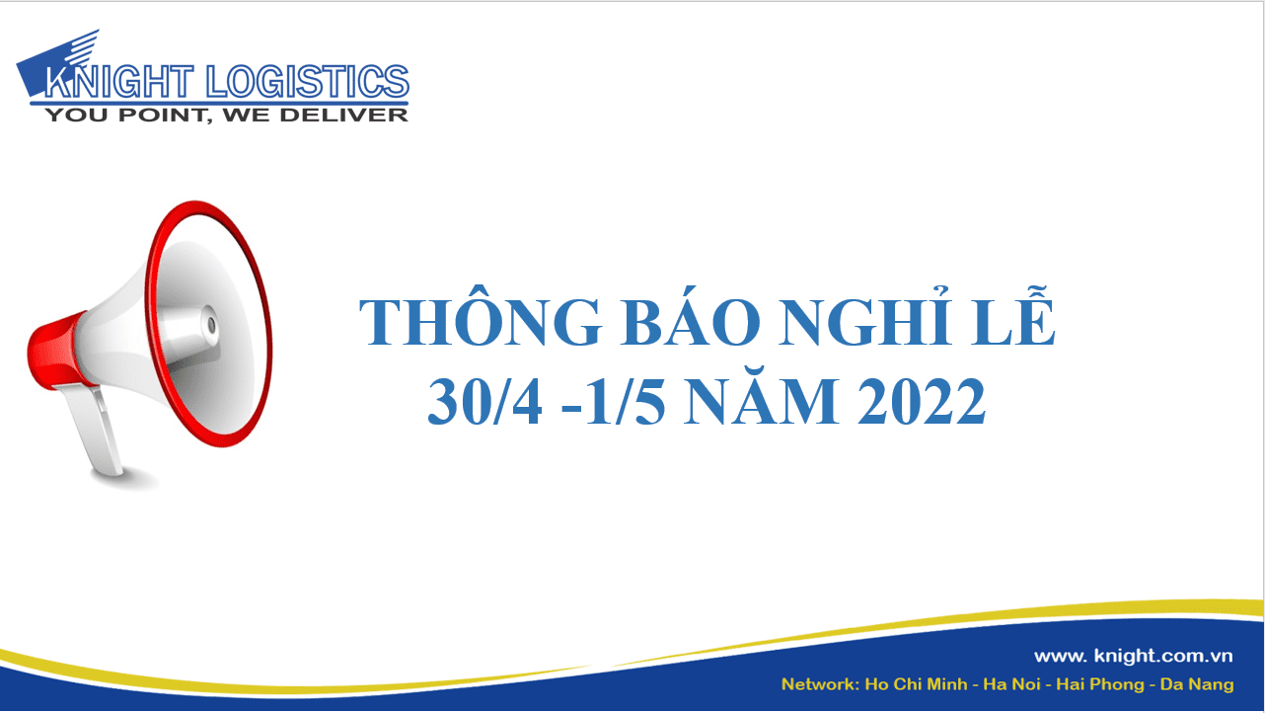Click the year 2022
coord(921,402)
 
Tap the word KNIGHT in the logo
coord(118,81)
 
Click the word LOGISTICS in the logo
coord(308,81)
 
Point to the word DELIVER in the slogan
coord(344,116)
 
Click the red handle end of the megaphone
coord(55,351)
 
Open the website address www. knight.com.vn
coord(1134,656)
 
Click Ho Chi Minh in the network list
coord(916,684)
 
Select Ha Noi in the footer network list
coord(1011,684)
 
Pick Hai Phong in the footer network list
coord(1100,685)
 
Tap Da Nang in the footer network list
coord(1197,685)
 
